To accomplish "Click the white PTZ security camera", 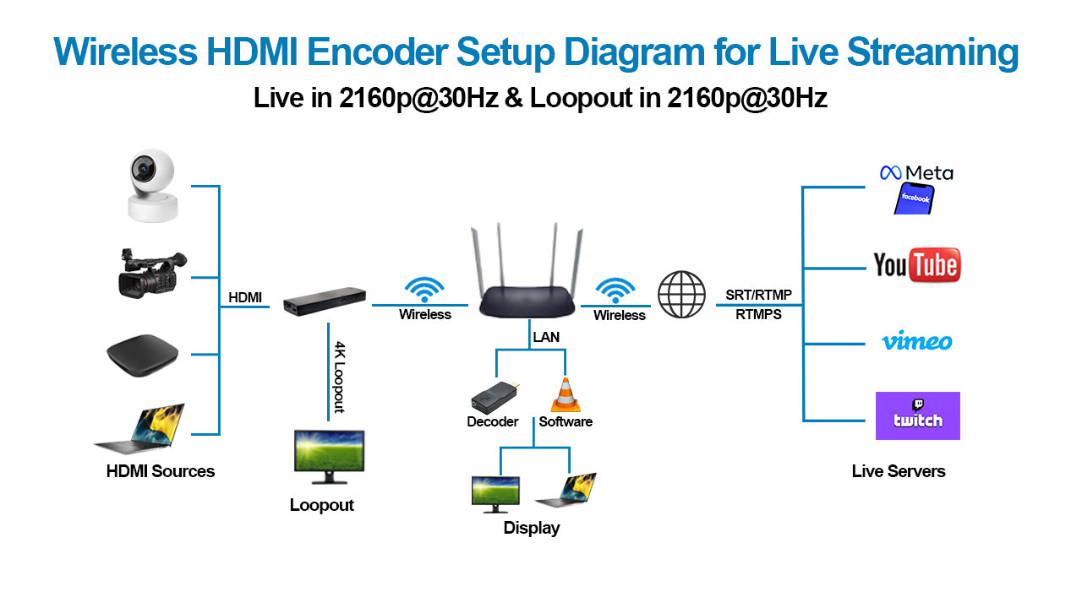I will [152, 186].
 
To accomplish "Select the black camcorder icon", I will [151, 274].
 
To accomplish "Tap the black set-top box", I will [141, 354].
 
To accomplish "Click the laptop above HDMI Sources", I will [142, 430].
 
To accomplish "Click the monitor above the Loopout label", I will [329, 456].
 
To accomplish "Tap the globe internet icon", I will [681, 295].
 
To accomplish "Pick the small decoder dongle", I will [495, 396].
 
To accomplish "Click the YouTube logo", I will [917, 265].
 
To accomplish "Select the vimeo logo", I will [917, 342].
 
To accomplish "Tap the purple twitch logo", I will [917, 415].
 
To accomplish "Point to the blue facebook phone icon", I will [915, 198].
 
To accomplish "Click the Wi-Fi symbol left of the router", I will [424, 290].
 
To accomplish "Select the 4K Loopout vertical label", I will [339, 377].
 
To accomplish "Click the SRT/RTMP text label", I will [758, 295].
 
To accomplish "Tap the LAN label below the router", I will [546, 337].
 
